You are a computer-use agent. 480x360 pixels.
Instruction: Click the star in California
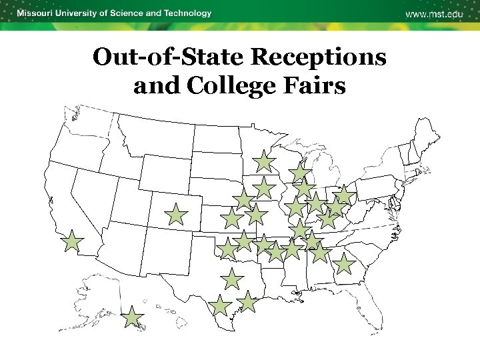[x=72, y=243]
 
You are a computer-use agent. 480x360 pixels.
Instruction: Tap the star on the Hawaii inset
[x=133, y=318]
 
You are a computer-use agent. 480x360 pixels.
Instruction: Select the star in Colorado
[x=176, y=215]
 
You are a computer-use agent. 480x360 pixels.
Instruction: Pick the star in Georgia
[x=343, y=264]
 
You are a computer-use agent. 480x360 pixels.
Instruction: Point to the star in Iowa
[x=264, y=187]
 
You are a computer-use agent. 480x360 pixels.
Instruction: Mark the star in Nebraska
[x=243, y=199]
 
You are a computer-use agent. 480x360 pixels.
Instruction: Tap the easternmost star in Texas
[x=247, y=301]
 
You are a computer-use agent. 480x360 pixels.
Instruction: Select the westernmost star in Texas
[x=219, y=306]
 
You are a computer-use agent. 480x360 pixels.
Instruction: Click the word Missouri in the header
[x=38, y=13]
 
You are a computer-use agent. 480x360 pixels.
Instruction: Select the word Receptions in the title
[x=318, y=57]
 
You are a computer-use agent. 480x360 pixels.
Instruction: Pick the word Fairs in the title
[x=315, y=86]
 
